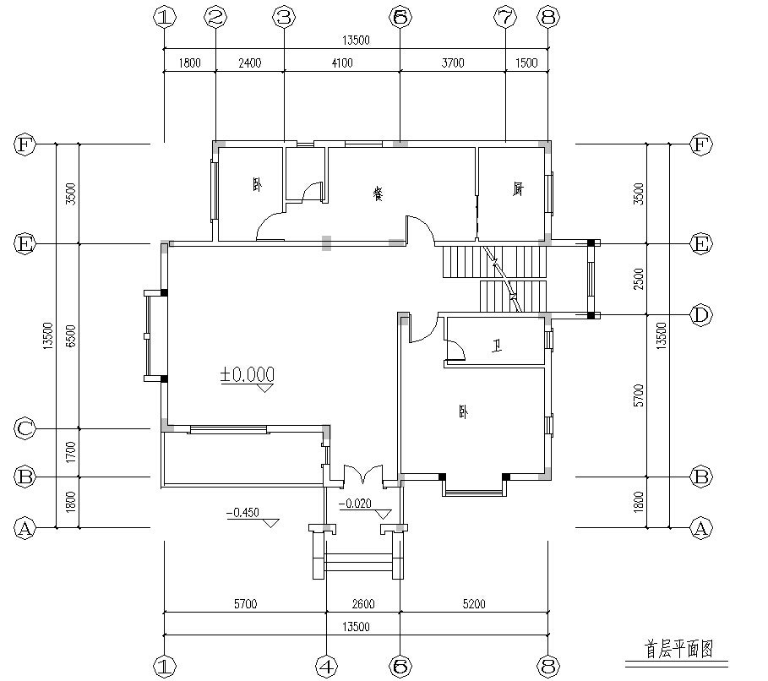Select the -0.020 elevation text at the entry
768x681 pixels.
tap(356, 504)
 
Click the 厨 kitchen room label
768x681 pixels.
tap(516, 189)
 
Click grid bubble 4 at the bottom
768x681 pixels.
tap(326, 664)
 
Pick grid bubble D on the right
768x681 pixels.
tap(700, 316)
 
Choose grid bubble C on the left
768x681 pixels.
tap(25, 429)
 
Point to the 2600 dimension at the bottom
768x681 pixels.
tap(363, 604)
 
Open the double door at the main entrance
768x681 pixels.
tap(363, 474)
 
